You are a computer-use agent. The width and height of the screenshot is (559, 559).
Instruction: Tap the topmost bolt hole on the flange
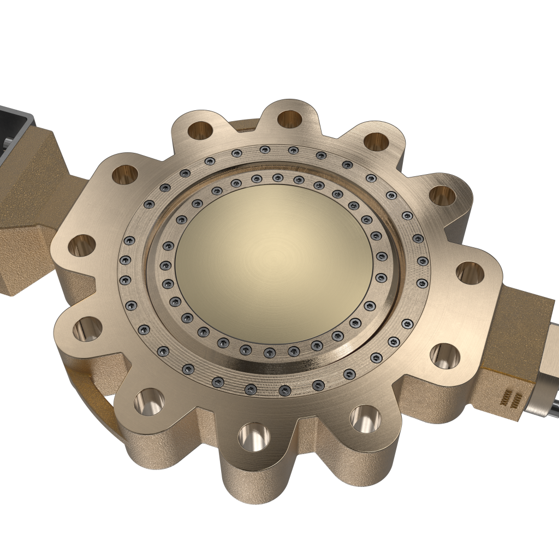tap(290, 119)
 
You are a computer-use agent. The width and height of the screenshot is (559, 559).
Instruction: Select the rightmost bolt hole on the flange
tap(469, 272)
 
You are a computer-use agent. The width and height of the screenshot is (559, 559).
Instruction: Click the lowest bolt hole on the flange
tap(255, 437)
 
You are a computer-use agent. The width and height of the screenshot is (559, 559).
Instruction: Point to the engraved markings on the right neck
tap(510, 399)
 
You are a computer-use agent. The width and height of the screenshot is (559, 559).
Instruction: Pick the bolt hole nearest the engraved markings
tap(445, 356)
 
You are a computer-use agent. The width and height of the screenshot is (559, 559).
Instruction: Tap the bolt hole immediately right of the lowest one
tap(365, 418)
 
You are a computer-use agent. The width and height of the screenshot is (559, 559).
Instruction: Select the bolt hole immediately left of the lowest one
tap(148, 402)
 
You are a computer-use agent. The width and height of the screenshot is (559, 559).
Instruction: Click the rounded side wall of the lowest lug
tap(257, 480)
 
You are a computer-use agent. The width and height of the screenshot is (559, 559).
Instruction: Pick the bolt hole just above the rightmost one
tap(443, 195)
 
